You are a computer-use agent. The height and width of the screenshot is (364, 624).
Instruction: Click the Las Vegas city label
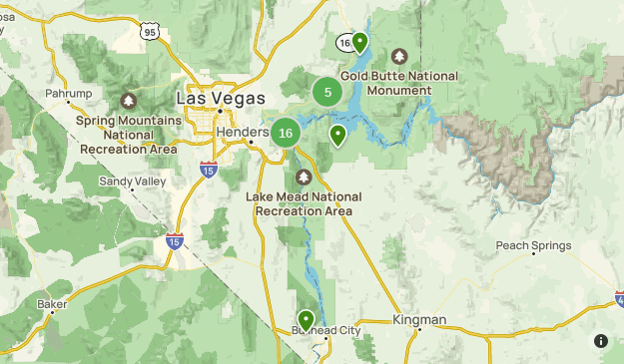(x=221, y=98)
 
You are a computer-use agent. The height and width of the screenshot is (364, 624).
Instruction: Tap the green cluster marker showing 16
(x=286, y=133)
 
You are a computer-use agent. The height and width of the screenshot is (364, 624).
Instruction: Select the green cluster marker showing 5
(x=327, y=92)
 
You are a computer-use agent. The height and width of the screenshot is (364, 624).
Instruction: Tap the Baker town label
(x=51, y=303)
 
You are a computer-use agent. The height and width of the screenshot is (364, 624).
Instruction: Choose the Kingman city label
(x=419, y=320)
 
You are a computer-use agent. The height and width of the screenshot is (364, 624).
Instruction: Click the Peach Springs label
(x=534, y=245)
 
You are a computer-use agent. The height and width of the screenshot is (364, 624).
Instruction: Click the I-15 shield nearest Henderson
(x=209, y=169)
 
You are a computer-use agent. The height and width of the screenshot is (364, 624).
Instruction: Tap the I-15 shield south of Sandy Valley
(x=175, y=242)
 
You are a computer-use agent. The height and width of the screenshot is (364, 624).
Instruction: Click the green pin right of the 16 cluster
(x=338, y=135)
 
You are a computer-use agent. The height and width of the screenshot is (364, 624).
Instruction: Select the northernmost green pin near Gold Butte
(x=359, y=43)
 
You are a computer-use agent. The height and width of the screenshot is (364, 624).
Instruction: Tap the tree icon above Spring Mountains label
(x=128, y=102)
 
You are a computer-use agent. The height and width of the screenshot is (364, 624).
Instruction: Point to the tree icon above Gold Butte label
(x=399, y=56)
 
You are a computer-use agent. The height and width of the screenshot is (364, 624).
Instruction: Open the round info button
(x=601, y=340)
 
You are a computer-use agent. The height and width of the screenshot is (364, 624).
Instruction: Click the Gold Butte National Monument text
(x=399, y=83)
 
